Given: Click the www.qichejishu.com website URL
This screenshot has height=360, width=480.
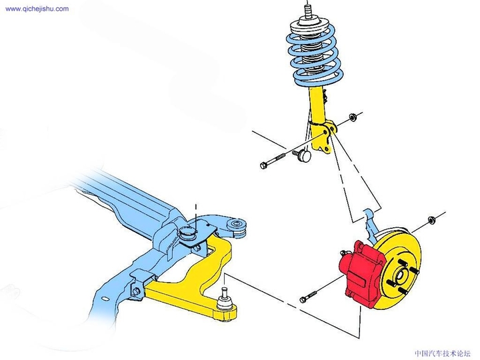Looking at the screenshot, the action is (37, 9).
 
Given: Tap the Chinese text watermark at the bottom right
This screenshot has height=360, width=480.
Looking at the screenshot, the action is (443, 353).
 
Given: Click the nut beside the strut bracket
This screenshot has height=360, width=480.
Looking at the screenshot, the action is (352, 117).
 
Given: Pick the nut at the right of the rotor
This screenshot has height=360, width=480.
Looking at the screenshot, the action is (431, 220).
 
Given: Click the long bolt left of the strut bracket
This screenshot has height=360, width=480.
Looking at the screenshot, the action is (272, 161).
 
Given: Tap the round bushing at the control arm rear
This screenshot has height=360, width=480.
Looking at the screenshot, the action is (236, 228).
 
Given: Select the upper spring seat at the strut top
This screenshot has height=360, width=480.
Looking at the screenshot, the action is (307, 27).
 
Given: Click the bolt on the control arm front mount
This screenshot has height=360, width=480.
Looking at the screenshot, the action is (137, 290).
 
